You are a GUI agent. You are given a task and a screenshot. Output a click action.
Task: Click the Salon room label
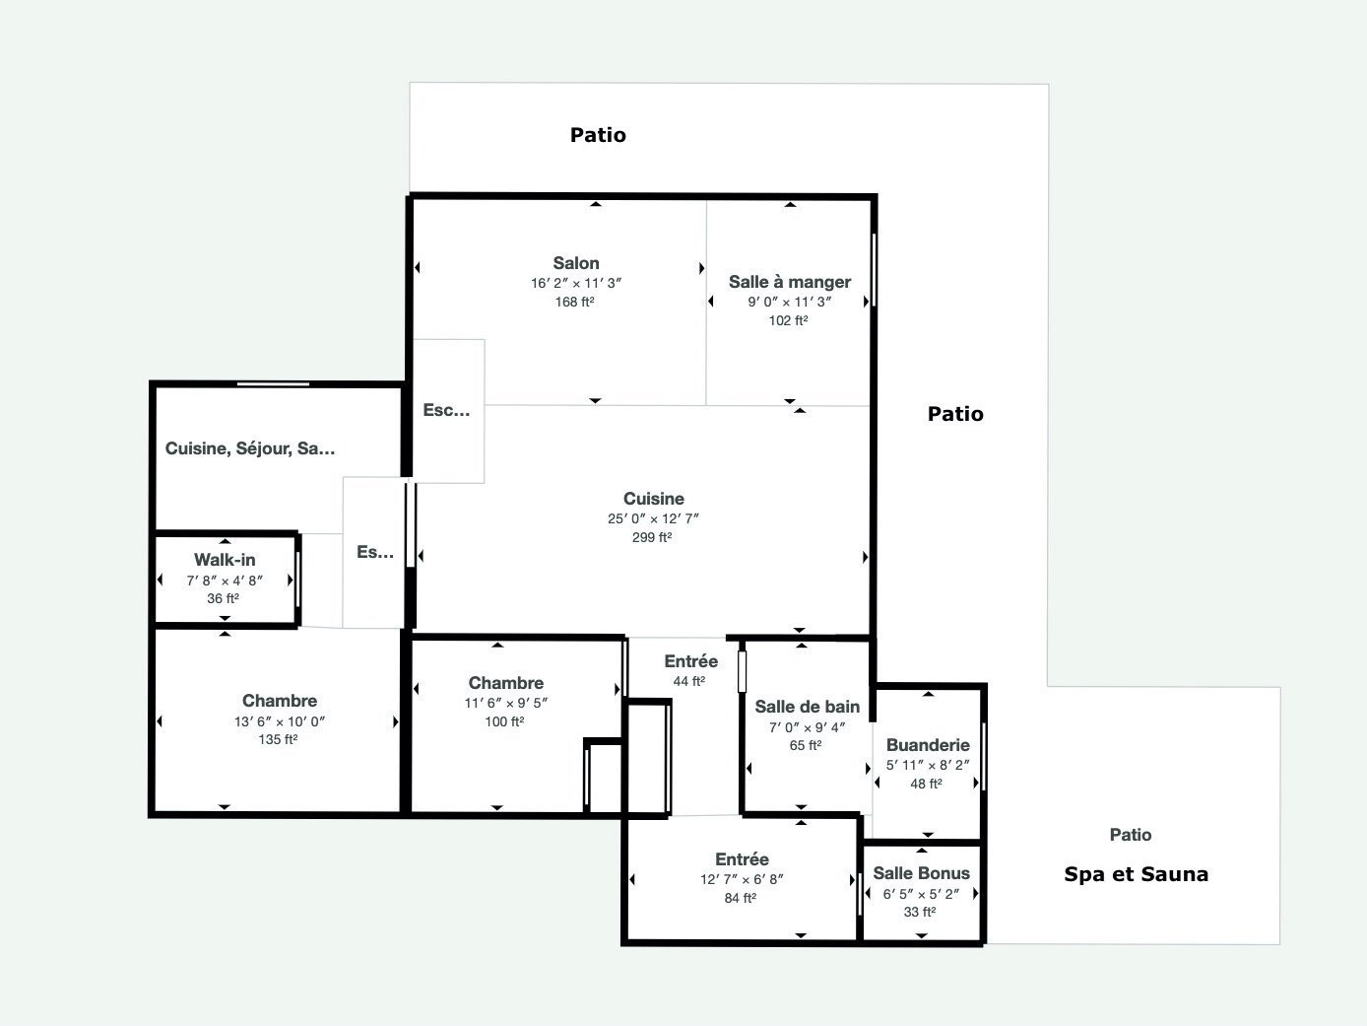click(576, 263)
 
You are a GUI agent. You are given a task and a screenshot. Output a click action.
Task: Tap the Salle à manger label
click(790, 282)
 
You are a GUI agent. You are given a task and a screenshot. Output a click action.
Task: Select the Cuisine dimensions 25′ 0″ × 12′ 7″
click(653, 518)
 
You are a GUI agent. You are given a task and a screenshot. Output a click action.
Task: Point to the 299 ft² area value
click(652, 537)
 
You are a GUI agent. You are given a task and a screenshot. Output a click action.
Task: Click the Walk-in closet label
click(225, 560)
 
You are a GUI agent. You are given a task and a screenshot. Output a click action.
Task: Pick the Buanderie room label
click(928, 745)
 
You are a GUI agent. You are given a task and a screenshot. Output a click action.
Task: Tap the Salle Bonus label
click(922, 873)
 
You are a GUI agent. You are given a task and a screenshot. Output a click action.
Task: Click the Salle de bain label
click(808, 707)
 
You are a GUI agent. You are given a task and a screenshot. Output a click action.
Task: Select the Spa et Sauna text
click(1136, 874)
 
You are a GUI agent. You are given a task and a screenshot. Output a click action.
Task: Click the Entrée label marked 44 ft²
click(691, 661)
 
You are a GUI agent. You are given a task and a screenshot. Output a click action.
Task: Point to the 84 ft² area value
click(741, 898)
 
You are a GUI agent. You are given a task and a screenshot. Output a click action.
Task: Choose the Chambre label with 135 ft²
click(280, 701)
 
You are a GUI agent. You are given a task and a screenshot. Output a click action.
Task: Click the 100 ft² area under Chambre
click(504, 721)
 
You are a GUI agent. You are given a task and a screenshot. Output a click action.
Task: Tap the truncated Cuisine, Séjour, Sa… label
click(250, 448)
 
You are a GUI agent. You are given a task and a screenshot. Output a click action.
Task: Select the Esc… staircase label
click(446, 410)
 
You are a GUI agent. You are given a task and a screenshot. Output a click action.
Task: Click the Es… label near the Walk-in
click(375, 552)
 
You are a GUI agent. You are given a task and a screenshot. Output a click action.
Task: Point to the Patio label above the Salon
click(598, 135)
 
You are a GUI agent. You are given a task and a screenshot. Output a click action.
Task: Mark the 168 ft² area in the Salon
click(575, 302)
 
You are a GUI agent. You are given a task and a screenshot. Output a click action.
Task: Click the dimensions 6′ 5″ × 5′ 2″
click(921, 894)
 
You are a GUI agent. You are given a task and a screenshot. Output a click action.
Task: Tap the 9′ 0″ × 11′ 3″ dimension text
click(790, 303)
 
